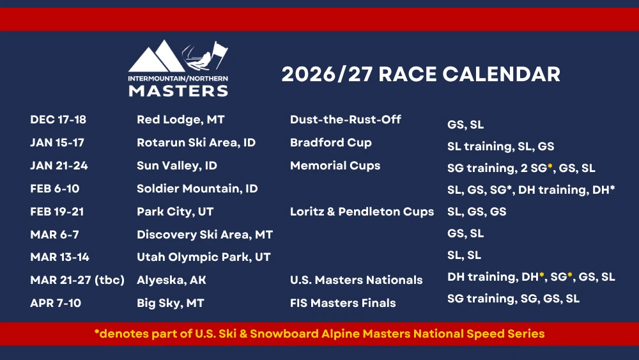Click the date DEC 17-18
tap(58, 120)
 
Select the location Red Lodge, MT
tap(181, 120)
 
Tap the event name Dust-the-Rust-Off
tap(346, 120)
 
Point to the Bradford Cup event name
tap(331, 143)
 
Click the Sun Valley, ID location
tap(177, 166)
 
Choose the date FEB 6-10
tap(54, 189)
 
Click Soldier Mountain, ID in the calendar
tap(197, 189)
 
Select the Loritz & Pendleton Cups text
tap(362, 212)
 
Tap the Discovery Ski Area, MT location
tap(204, 235)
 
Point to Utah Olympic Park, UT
tap(203, 257)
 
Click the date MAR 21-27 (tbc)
tap(77, 280)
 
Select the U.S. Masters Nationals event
tap(356, 280)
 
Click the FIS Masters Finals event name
tap(343, 303)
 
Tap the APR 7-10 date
tap(56, 303)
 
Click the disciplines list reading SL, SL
tap(464, 255)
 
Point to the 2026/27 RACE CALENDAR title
tap(420, 74)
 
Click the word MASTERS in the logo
tap(178, 91)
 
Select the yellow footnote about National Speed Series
tap(319, 334)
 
